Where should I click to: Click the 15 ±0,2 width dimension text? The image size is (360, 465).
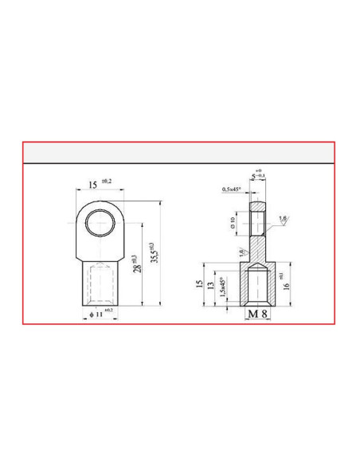coord(99,185)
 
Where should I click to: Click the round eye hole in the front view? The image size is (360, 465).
coord(100,221)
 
